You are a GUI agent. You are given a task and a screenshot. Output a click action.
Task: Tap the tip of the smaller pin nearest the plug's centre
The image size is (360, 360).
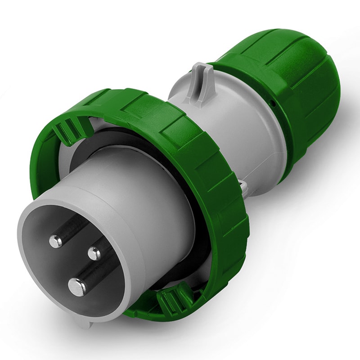[94, 253]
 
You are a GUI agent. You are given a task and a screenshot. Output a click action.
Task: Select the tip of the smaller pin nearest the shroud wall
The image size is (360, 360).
[56, 242]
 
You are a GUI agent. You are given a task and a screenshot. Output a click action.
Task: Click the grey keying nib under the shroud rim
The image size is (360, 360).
[84, 321]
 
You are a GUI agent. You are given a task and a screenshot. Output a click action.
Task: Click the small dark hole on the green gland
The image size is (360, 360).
[272, 103]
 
